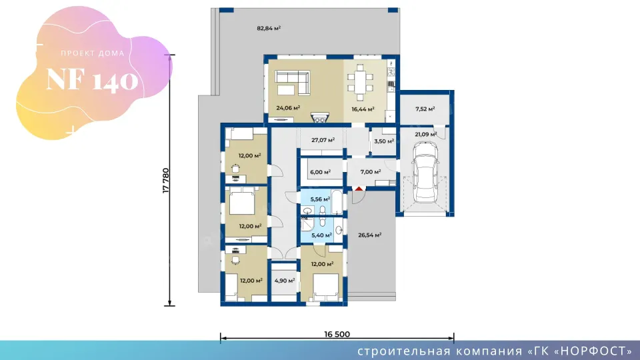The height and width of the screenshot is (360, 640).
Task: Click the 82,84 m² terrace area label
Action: click(x=269, y=28)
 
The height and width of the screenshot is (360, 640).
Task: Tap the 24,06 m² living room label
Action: click(x=288, y=108)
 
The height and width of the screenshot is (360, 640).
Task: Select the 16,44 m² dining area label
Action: click(x=363, y=109)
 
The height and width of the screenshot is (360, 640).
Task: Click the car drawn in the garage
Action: click(x=425, y=172)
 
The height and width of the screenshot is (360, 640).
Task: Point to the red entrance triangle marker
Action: click(x=359, y=188)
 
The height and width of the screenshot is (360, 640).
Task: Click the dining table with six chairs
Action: click(x=359, y=83)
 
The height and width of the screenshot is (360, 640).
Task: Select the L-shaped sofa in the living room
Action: click(x=292, y=83)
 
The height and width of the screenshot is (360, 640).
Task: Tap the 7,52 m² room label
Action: click(x=425, y=109)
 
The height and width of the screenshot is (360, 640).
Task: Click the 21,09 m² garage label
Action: click(x=426, y=134)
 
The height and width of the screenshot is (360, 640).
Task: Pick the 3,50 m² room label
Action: click(x=384, y=141)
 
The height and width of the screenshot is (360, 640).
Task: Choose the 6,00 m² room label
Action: click(x=321, y=172)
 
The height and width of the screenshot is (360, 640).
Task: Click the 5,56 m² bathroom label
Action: click(x=320, y=199)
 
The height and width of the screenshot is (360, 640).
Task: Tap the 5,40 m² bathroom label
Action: click(x=321, y=235)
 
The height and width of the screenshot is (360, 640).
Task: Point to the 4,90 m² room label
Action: click(x=285, y=281)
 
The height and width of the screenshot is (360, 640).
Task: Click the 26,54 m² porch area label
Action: click(x=370, y=235)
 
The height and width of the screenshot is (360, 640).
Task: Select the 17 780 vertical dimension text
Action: click(x=166, y=181)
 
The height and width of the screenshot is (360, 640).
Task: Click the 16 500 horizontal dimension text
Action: click(x=337, y=334)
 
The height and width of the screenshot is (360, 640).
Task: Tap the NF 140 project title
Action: click(x=92, y=79)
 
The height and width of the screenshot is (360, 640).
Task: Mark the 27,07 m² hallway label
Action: click(x=323, y=140)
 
